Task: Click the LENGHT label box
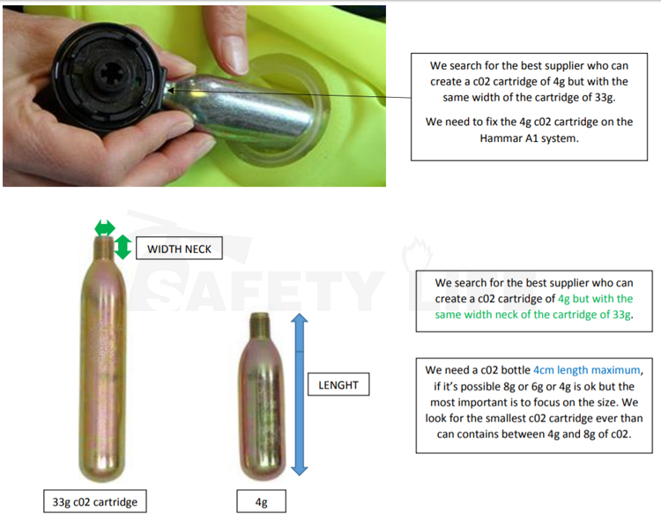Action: coord(339,385)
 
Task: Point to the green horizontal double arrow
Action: coord(105,227)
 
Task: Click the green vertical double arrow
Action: coord(123,247)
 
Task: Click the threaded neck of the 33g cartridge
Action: coord(105,249)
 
